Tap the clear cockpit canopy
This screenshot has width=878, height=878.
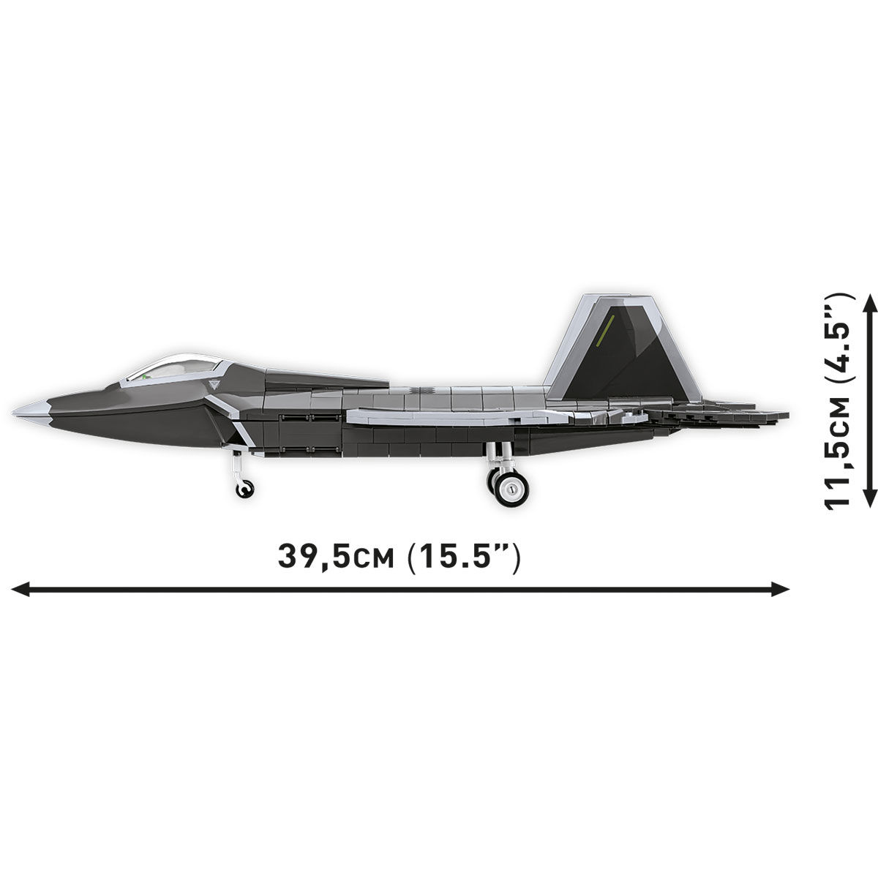176,366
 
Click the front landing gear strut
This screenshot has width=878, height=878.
236,463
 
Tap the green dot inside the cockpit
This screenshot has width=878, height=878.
146,375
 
